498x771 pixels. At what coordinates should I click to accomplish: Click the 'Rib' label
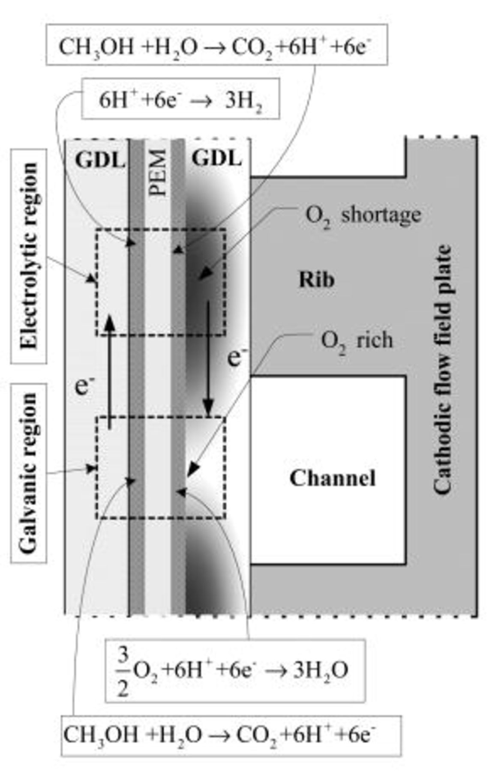pos(316,280)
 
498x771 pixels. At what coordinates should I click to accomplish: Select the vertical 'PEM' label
pos(158,172)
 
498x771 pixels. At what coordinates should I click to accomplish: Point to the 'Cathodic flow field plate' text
pos(442,370)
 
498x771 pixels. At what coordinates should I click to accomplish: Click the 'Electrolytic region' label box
pos(29,256)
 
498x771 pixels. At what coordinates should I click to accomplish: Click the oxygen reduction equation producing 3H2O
pos(235,671)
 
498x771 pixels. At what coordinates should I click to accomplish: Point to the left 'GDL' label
pos(100,160)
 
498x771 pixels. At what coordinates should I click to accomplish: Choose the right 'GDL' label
pos(216,158)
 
